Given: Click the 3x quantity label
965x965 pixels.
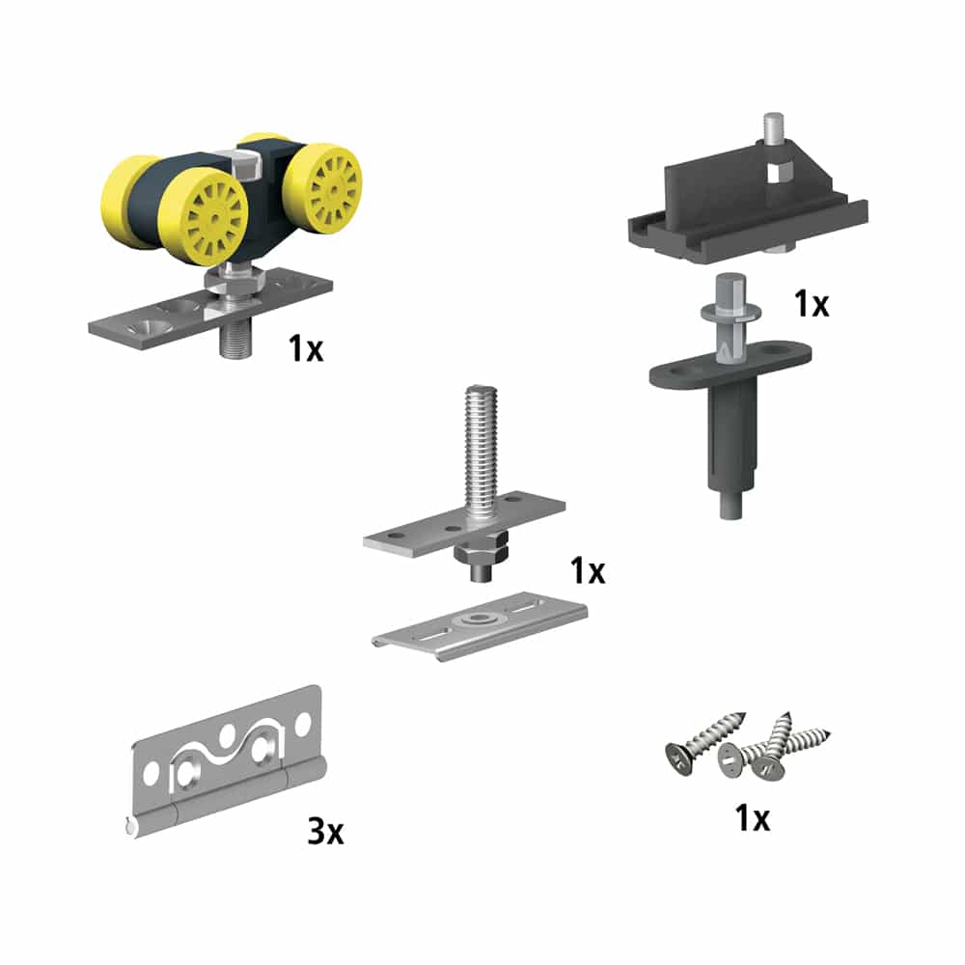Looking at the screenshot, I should tap(325, 833).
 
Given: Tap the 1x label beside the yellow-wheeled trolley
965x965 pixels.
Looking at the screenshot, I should tap(306, 348).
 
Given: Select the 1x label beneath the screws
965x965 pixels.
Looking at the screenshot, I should tap(752, 819).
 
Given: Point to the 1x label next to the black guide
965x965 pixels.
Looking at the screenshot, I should tap(812, 304).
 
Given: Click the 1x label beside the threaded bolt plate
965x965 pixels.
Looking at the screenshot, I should tap(587, 571).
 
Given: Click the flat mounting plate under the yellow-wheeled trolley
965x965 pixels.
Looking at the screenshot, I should tap(145, 323).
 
